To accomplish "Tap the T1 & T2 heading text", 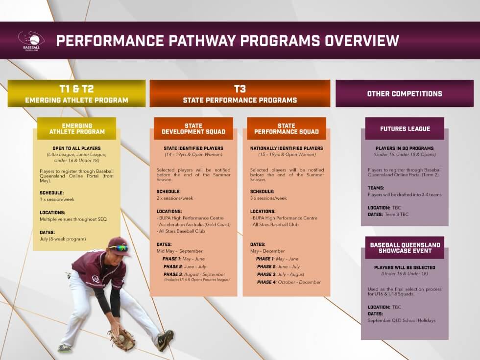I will (76, 89).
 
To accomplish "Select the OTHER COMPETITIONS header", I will (405, 94).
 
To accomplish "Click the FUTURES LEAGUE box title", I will (405, 129).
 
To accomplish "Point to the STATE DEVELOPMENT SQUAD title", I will (193, 129).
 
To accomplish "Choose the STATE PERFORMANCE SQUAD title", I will (287, 129).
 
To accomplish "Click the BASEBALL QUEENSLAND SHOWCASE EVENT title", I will (405, 248).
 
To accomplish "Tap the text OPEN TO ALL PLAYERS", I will (76, 148).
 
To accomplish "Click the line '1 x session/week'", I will (57, 199).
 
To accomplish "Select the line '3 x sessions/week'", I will (268, 198).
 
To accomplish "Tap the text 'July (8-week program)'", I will (63, 239).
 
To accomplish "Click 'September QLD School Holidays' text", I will (401, 320).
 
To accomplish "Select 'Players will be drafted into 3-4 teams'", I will (405, 194).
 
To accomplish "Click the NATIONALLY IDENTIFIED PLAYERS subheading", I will (287, 148).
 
